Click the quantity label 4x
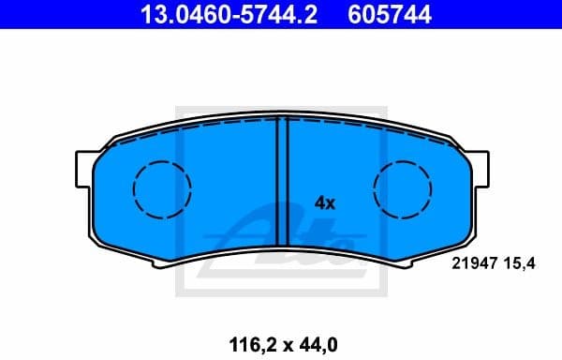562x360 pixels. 325,202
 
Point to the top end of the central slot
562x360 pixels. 281,123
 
